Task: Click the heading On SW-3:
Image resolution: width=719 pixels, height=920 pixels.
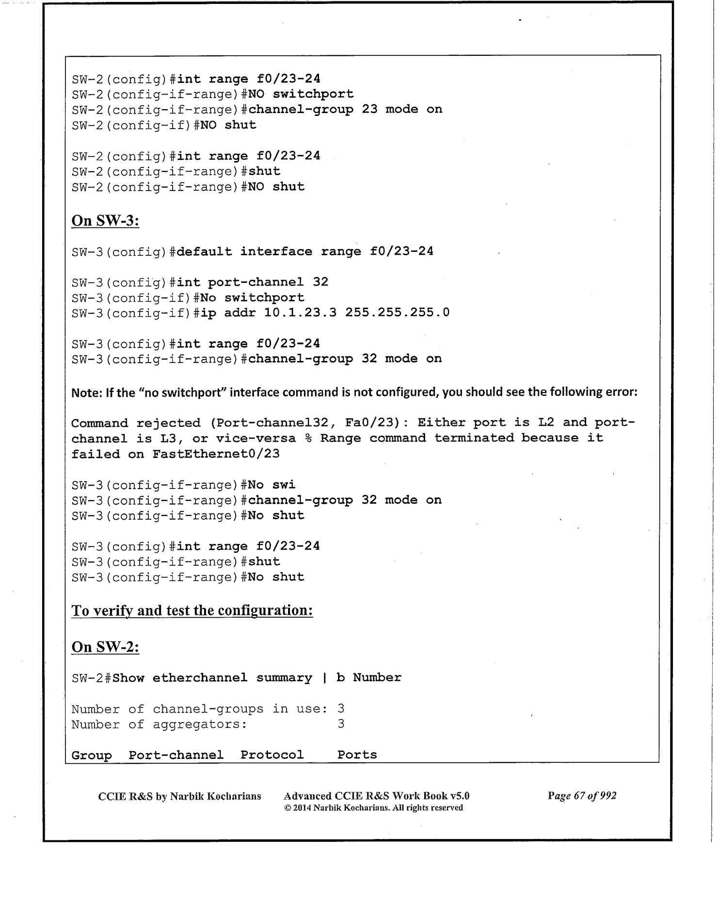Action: tap(105, 221)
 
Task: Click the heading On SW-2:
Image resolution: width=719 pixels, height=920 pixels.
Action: tap(105, 647)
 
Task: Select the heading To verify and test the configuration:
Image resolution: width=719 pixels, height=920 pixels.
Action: tap(192, 610)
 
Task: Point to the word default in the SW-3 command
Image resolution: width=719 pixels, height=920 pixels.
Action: tap(204, 251)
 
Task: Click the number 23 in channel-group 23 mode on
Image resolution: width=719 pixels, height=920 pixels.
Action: tap(369, 109)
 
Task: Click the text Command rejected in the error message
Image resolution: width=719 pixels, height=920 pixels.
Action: tap(135, 423)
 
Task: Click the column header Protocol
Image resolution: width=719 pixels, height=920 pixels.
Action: tap(272, 755)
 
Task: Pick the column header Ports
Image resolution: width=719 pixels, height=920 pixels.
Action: tap(357, 755)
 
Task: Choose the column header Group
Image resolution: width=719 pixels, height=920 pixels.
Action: tap(91, 755)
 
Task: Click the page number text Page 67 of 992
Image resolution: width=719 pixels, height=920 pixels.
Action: tap(582, 796)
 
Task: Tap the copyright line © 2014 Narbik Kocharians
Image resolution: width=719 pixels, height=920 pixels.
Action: tap(373, 808)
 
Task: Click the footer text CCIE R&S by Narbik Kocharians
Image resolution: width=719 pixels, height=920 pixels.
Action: tap(179, 796)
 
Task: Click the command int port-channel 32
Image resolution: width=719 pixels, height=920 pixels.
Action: tap(252, 282)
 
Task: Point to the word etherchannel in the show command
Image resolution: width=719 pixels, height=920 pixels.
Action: tap(200, 677)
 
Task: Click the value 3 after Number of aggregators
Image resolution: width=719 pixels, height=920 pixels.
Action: tap(341, 724)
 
